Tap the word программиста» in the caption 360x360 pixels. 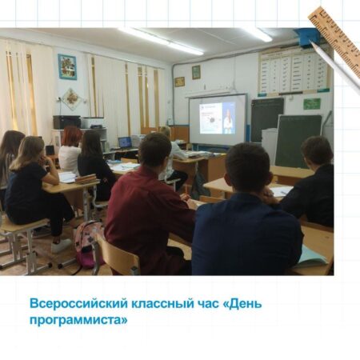coord(78,320)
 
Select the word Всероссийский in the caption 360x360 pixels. coord(79,304)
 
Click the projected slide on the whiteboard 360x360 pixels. coord(218,118)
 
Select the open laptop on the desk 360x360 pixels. coord(125,142)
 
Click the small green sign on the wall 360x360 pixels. coord(312,103)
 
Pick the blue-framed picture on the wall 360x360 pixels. coord(67,66)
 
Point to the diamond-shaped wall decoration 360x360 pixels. coord(71,99)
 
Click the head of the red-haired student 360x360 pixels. coord(71,136)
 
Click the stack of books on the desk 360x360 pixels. coord(86,178)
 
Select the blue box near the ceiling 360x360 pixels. coord(307,38)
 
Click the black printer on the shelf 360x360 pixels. coord(66,122)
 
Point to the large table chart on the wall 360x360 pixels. coord(294,72)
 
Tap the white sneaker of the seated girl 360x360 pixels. coord(61,246)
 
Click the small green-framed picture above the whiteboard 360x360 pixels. coord(196,72)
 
